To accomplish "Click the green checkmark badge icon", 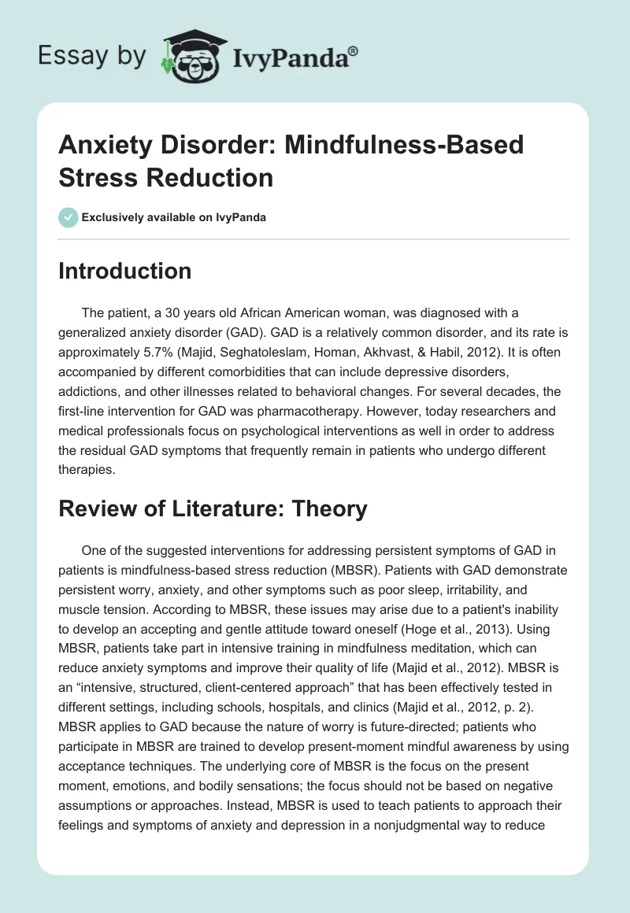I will pos(69,217).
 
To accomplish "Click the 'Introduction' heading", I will pos(125,271).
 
